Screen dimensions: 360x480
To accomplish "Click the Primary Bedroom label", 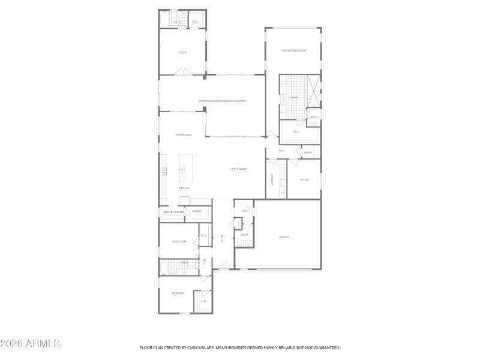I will click(294, 51).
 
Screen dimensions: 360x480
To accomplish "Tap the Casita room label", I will click(182, 52).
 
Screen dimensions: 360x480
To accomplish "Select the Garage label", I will click(284, 237).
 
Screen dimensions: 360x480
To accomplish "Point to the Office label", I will click(304, 179).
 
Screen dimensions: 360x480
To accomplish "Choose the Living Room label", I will click(238, 169).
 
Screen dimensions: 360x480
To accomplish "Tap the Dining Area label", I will click(183, 135).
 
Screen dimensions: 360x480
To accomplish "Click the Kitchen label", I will click(184, 188).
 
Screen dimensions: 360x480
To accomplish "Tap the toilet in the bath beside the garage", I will click(239, 243).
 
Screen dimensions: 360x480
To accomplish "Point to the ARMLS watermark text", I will click(30, 344).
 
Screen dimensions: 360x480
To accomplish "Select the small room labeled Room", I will click(308, 152).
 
